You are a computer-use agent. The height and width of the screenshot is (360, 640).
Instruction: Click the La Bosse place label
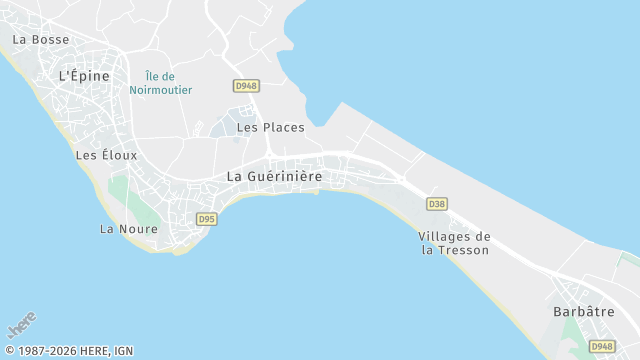[x=41, y=40]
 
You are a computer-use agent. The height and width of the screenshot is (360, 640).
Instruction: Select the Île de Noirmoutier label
[x=160, y=83]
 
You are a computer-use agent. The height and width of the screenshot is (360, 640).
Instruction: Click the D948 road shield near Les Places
[x=245, y=86]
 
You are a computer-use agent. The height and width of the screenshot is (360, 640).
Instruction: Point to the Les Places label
[x=270, y=128]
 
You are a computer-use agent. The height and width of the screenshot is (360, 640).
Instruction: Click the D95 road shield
[x=207, y=219]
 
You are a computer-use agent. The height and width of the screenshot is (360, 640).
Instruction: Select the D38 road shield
[x=436, y=204]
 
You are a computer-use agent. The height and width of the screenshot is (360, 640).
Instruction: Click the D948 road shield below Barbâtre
[x=601, y=346]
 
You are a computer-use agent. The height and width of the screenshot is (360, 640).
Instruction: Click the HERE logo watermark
[x=22, y=325]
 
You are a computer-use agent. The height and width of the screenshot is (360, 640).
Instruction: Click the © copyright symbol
[x=10, y=351]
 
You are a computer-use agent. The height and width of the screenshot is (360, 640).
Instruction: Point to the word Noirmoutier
[x=160, y=90]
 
